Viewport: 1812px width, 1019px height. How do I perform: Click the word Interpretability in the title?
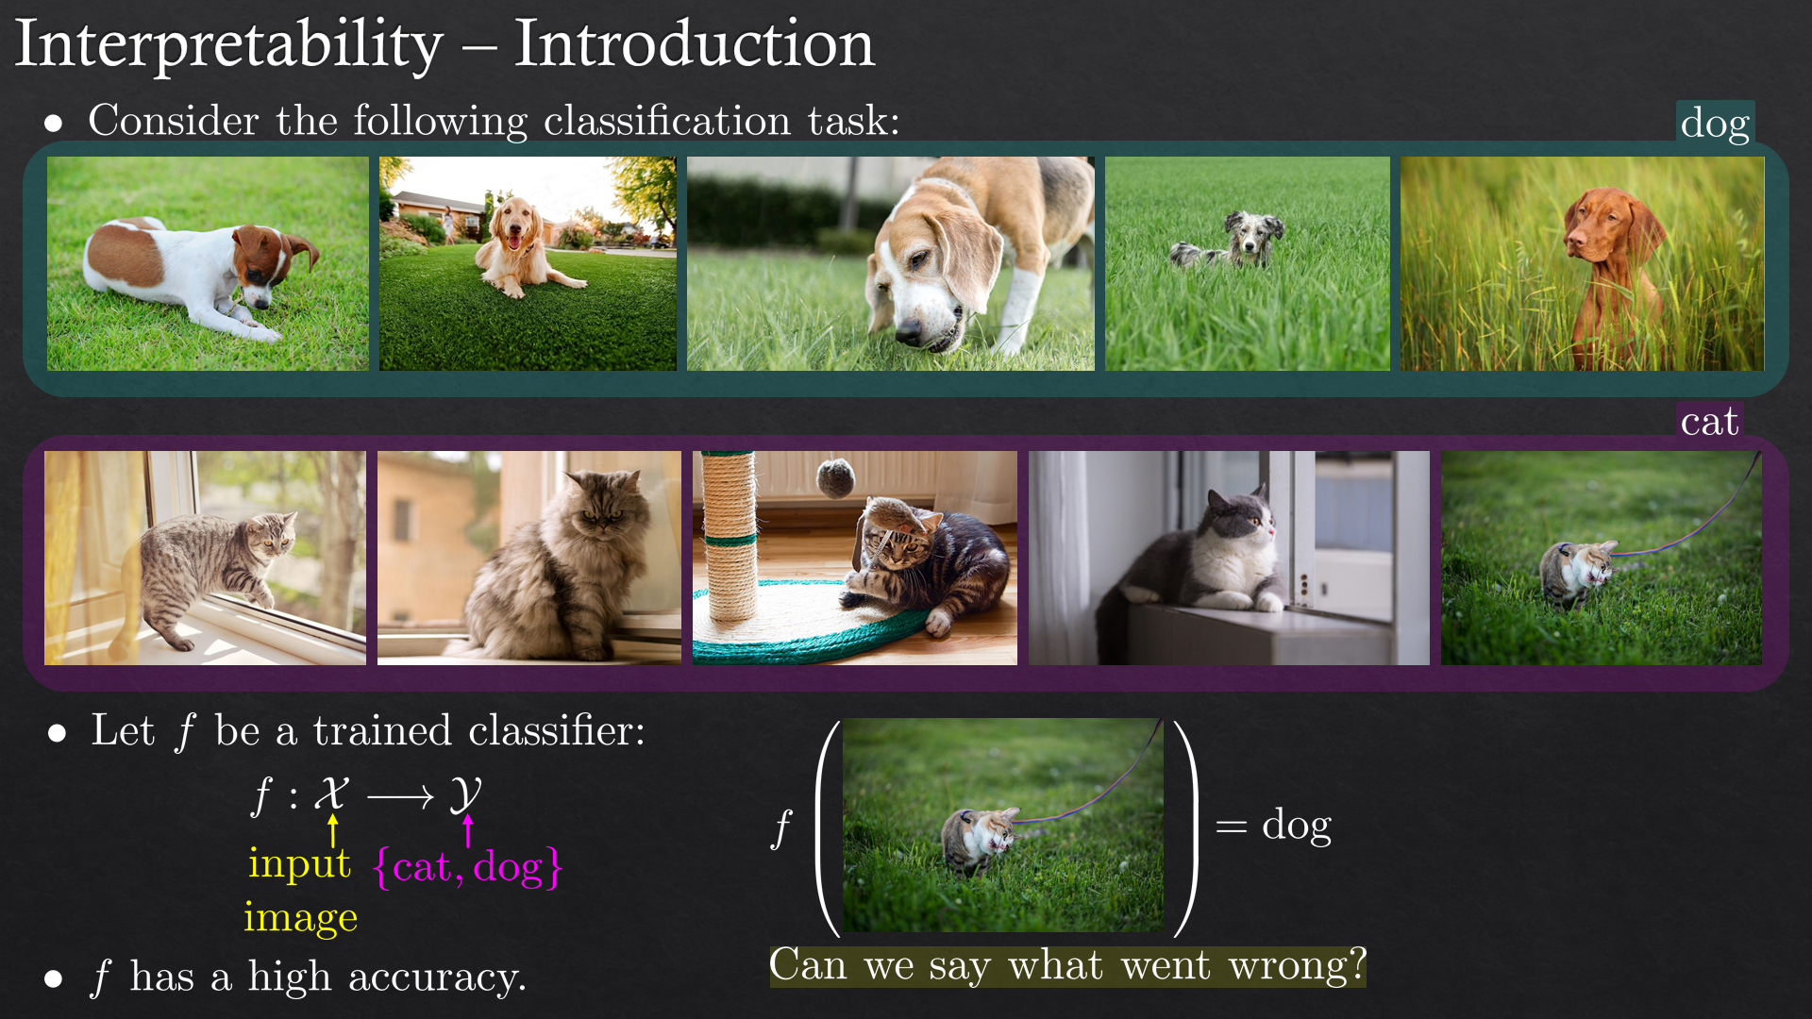click(x=229, y=45)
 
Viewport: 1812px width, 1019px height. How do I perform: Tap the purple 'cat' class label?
click(x=1709, y=421)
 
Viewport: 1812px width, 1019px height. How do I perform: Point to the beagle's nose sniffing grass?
click(x=908, y=331)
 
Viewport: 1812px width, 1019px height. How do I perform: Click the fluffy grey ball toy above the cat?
click(x=834, y=477)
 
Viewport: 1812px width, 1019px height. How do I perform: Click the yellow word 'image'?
click(x=300, y=917)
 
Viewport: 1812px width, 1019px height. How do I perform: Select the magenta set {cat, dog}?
click(x=468, y=867)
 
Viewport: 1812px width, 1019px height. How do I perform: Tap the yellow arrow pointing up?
click(x=332, y=830)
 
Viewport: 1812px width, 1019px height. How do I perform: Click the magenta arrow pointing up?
click(x=467, y=830)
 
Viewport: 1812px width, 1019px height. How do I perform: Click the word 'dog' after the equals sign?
click(x=1297, y=826)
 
